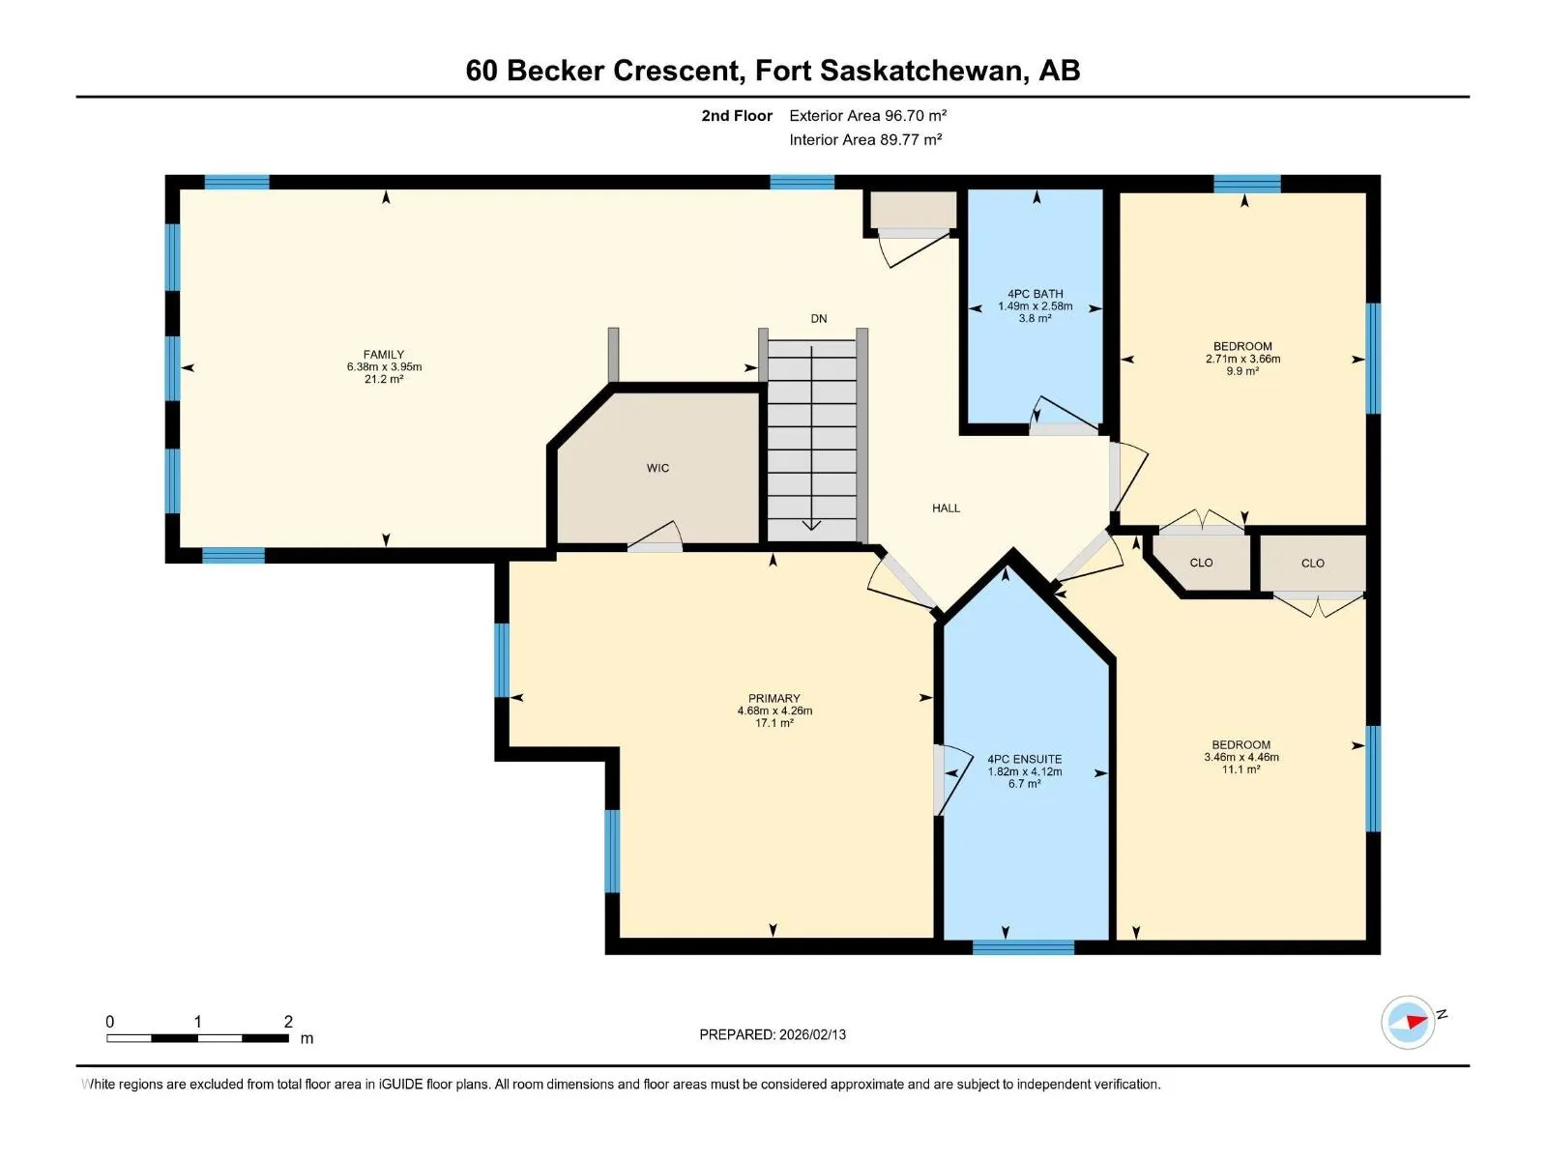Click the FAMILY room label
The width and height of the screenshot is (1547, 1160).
[x=384, y=354]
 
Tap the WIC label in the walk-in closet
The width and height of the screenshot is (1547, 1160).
[x=657, y=469]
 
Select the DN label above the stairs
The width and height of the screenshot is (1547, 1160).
[x=818, y=319]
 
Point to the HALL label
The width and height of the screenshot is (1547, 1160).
[x=946, y=507]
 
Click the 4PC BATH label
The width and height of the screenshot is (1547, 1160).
[x=1035, y=294]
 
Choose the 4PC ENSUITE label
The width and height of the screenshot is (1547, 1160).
[x=1024, y=759]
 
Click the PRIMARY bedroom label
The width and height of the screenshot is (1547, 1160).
[x=773, y=699]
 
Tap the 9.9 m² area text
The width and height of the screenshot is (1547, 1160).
[x=1241, y=371]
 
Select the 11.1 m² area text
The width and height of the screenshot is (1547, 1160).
[x=1241, y=769]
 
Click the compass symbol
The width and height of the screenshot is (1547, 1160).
[x=1408, y=1022]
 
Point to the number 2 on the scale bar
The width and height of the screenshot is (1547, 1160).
[x=288, y=1021]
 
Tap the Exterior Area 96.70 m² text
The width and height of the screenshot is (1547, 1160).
[x=867, y=115]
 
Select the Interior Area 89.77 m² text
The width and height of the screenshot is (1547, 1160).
[x=865, y=139]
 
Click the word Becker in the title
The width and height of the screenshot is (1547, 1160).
[x=555, y=71]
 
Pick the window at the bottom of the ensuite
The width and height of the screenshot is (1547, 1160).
[x=1023, y=948]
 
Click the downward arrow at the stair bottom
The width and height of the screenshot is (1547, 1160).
[x=811, y=526]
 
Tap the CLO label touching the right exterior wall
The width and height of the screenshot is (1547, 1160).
[x=1312, y=564]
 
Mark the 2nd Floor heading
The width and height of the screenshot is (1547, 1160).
[x=737, y=115]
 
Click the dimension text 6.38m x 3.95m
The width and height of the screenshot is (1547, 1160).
[x=384, y=367]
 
